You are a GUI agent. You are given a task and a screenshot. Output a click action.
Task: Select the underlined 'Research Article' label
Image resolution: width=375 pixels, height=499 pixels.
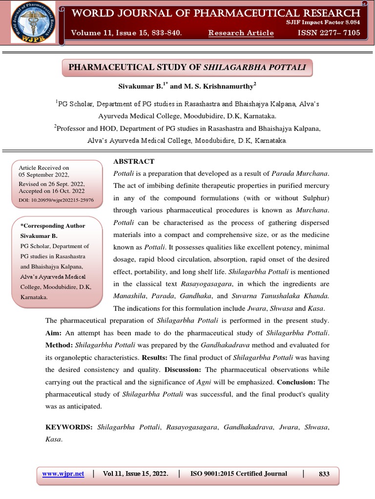241,33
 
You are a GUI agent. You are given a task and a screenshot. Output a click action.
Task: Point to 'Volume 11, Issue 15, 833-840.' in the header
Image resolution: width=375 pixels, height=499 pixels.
126,33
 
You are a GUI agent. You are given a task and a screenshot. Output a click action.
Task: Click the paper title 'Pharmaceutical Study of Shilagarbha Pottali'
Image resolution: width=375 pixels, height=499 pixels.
187,67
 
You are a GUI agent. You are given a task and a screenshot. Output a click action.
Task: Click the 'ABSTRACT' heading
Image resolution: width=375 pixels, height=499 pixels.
134,161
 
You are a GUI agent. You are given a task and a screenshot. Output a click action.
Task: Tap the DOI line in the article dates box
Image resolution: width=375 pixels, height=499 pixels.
56,200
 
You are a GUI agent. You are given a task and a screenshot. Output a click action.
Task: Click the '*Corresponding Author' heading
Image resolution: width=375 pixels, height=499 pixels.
52,226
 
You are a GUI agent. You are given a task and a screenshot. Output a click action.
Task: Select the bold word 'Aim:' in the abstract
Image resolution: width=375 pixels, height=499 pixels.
54,333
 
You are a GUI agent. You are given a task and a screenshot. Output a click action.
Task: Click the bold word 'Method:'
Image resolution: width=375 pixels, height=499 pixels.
60,345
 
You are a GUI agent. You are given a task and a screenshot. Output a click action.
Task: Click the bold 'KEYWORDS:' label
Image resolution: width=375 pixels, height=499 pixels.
69,427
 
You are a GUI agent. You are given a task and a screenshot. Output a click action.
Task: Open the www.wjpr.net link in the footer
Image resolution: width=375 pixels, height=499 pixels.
63,474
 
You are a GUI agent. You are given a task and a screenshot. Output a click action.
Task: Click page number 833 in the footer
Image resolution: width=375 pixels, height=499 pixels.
324,474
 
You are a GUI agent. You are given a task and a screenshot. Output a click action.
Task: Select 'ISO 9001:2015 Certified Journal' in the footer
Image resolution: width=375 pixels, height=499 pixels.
238,474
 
